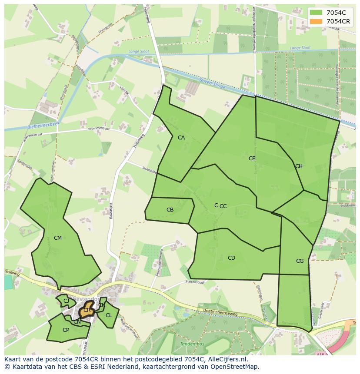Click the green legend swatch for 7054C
click(316, 13)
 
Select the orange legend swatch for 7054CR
click(316, 21)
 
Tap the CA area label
click(181, 138)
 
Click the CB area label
click(170, 210)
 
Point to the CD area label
click(231, 258)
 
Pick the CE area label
click(252, 159)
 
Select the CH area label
click(299, 166)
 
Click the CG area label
click(300, 261)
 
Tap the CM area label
click(58, 238)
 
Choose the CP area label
click(66, 330)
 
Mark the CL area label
click(109, 315)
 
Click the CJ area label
click(67, 301)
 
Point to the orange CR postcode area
click(87, 311)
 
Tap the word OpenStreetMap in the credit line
click(237, 367)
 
